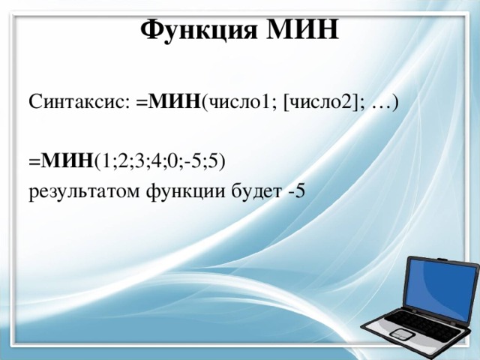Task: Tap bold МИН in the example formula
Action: [x=67, y=160]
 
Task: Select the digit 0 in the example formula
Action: [x=174, y=160]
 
